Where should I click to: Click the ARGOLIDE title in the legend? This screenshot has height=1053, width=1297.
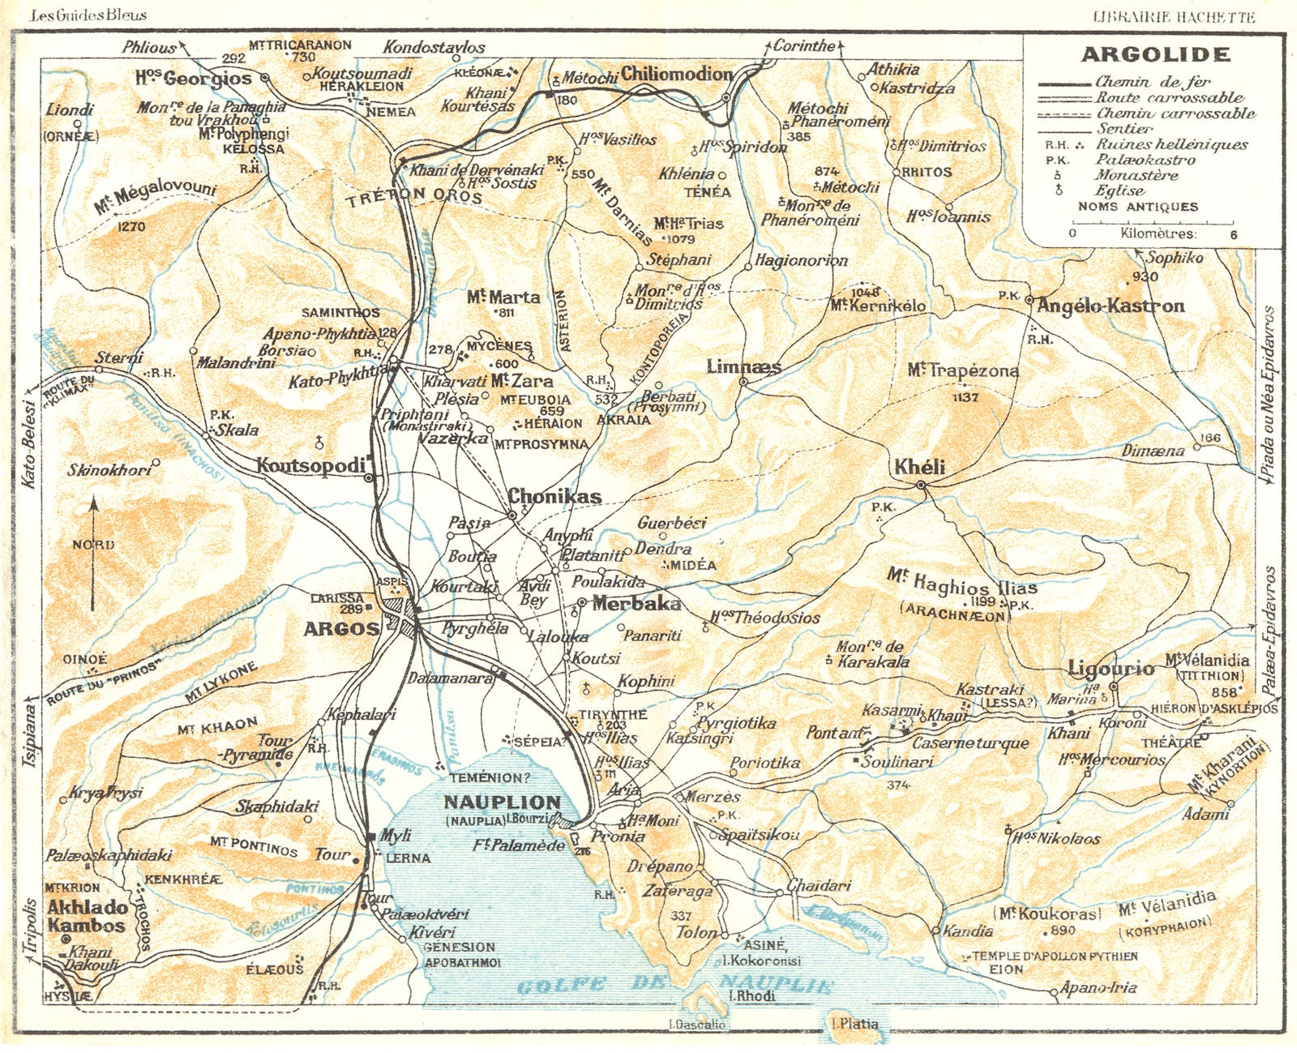(1155, 55)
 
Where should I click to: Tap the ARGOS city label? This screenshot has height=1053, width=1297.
(341, 628)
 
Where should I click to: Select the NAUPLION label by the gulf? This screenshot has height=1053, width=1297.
(502, 803)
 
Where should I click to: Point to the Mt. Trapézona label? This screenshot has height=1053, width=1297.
(963, 370)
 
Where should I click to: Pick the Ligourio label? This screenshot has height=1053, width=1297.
(1111, 668)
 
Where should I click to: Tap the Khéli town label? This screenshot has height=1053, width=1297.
(919, 468)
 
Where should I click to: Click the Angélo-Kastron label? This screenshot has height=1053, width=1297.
(1111, 306)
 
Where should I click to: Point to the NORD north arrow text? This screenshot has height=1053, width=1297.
(93, 545)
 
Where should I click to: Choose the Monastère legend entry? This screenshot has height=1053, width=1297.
(1136, 175)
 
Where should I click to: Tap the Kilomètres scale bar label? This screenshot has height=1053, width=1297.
(1157, 233)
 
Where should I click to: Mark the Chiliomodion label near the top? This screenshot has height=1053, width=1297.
(677, 74)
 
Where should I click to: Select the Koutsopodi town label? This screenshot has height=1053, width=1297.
(311, 466)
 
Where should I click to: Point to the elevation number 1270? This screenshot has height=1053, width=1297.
(131, 227)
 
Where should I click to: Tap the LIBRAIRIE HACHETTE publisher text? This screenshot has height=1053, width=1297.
(1174, 17)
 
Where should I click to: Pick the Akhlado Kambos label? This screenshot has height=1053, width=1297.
(87, 916)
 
